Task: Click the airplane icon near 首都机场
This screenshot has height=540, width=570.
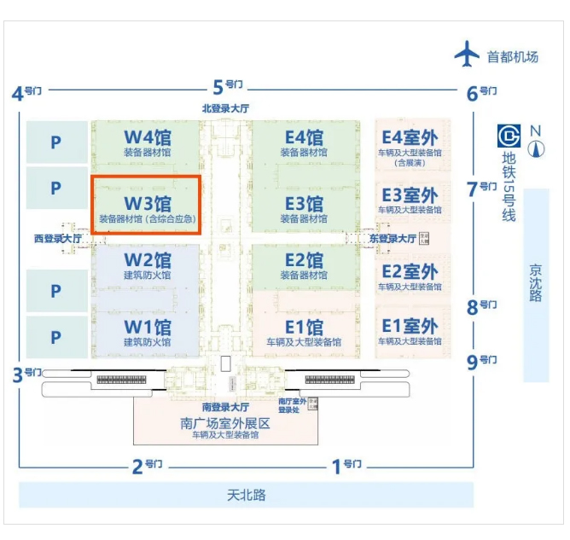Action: [468, 55]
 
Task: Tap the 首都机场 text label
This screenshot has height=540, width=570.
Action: [513, 57]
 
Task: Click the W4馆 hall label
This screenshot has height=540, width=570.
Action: [148, 136]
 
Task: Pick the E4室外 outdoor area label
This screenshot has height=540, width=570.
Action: [410, 136]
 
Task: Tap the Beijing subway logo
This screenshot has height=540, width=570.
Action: [509, 136]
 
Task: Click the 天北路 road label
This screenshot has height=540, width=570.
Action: [246, 494]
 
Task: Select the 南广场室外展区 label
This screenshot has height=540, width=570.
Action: [225, 423]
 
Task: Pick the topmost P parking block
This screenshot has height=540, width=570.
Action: [56, 142]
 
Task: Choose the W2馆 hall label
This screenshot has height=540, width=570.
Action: [148, 259]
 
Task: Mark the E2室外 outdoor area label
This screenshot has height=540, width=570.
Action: [410, 272]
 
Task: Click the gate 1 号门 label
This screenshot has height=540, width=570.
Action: [346, 465]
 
